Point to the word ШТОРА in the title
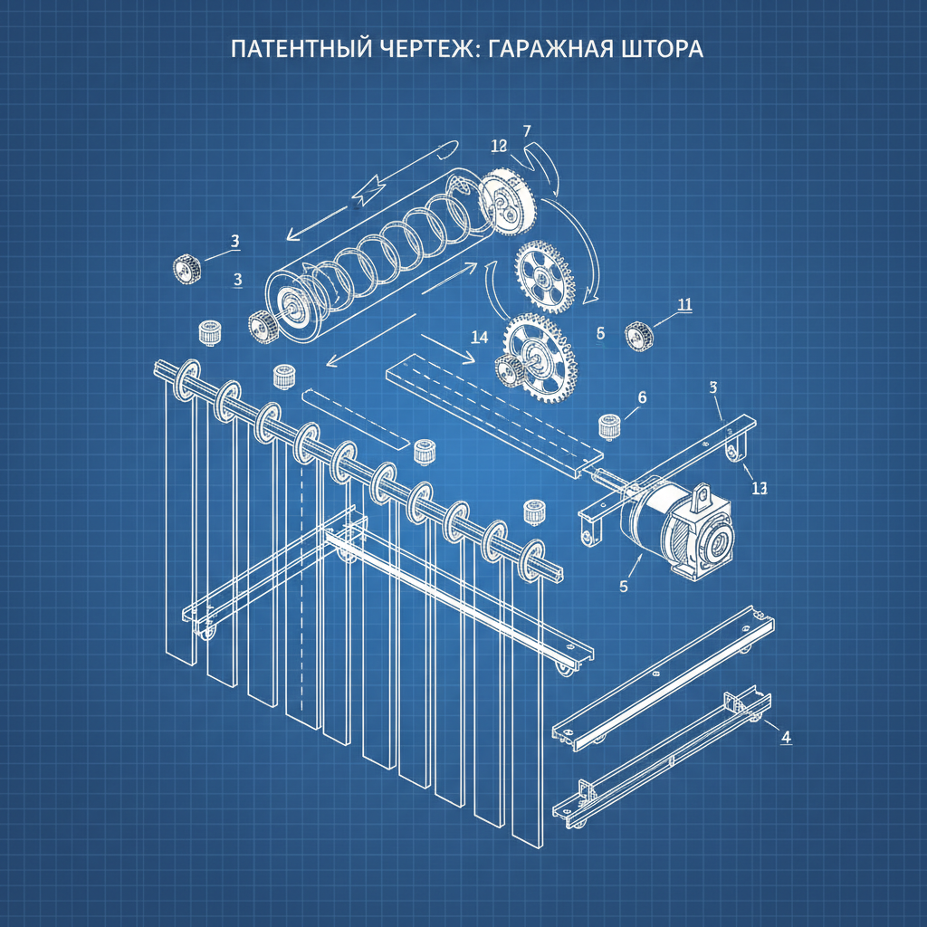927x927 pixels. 662,49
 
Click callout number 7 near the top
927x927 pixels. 526,130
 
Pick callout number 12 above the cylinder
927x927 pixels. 498,146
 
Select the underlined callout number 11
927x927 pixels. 684,304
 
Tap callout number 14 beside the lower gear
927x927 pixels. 480,337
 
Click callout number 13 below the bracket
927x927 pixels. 759,488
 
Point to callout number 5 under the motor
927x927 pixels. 623,586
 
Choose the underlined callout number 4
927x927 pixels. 786,737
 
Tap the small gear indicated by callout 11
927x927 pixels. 639,336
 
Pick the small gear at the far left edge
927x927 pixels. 186,267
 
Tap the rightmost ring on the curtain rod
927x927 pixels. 533,556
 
